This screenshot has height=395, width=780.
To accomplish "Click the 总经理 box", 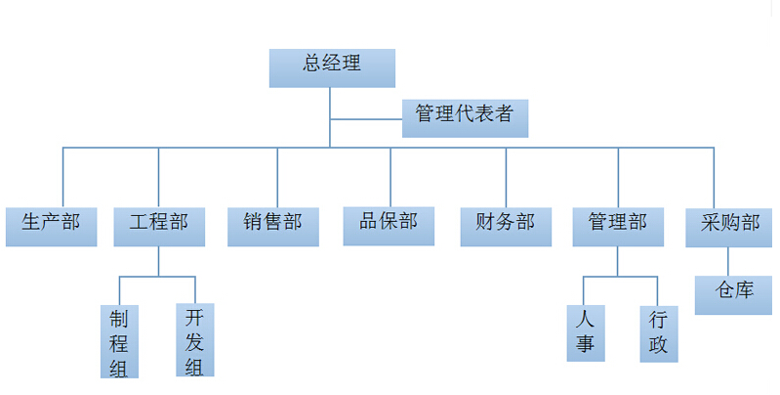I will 332,67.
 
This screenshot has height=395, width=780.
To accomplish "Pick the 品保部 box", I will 389,225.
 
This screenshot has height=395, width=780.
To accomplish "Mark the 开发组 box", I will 194,339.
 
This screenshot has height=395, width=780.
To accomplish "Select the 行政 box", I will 658,333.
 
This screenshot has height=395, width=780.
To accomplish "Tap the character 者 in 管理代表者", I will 504,113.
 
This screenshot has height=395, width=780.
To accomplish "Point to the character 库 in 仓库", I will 746,290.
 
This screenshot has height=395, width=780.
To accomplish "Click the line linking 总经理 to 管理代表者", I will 366,119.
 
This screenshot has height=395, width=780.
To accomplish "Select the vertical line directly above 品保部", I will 390,176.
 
